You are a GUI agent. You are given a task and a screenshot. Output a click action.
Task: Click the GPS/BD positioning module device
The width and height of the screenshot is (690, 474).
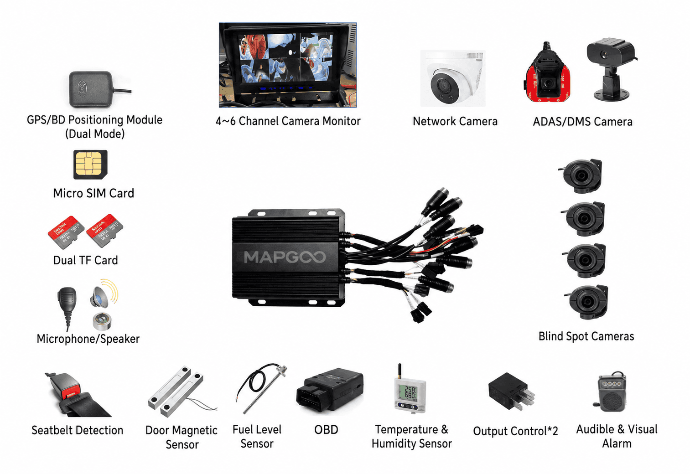[91, 88]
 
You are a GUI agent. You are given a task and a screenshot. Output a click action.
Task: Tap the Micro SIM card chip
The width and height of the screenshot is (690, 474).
[90, 164]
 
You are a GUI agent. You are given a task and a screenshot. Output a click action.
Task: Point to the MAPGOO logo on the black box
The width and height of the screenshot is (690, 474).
[285, 257]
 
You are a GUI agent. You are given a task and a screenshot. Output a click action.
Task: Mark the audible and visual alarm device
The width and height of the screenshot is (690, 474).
[612, 392]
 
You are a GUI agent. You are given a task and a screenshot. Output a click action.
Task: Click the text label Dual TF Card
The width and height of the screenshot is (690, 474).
[85, 260]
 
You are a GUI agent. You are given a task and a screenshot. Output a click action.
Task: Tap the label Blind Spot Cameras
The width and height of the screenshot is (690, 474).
[586, 336]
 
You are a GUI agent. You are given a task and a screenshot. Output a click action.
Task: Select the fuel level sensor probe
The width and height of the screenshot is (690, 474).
[260, 387]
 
